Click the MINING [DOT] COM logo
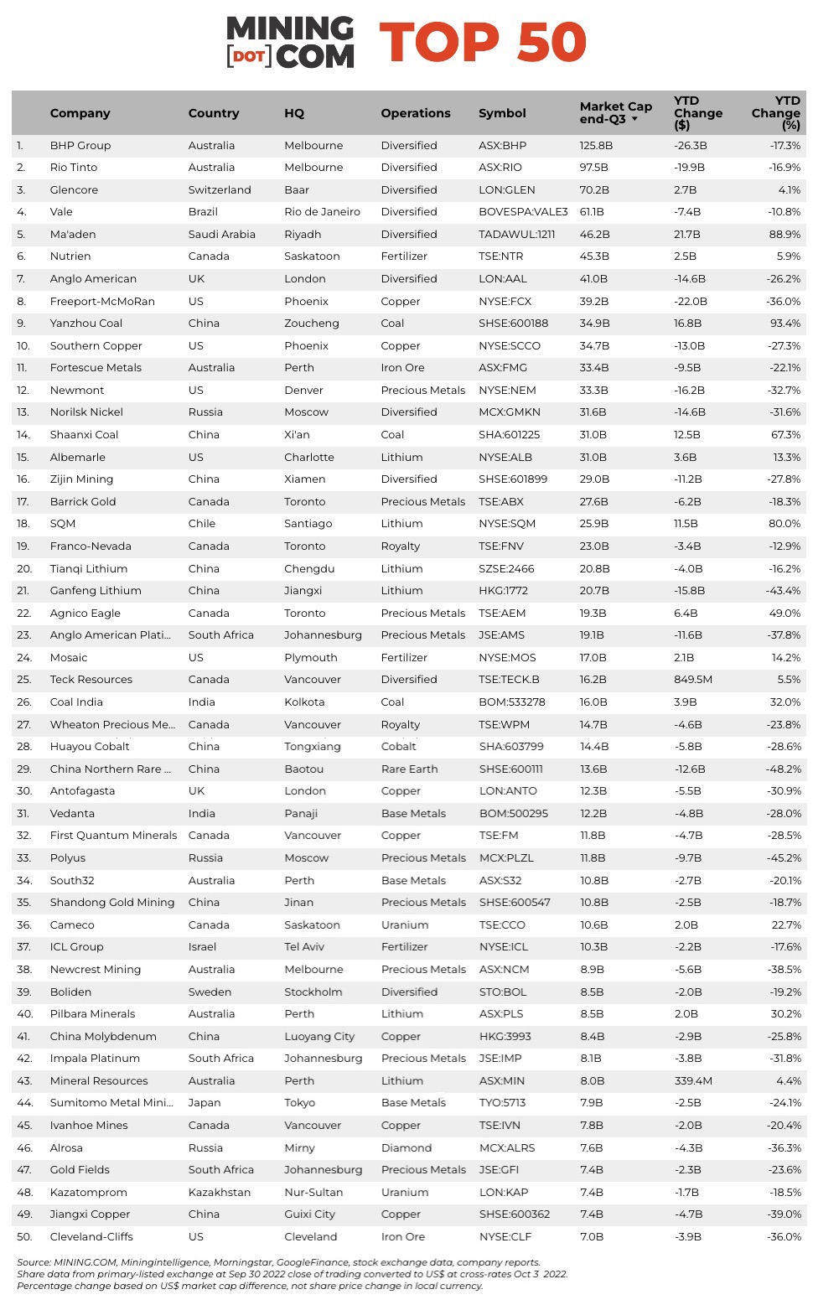290,42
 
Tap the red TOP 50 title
483,43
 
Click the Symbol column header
502,113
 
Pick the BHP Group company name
80,146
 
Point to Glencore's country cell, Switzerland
220,190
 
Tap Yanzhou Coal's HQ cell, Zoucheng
311,324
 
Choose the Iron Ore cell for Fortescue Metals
402,368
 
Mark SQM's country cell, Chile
202,524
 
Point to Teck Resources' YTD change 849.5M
693,680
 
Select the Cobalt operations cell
398,747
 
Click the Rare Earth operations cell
409,769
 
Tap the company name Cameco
72,925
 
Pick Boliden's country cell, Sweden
210,992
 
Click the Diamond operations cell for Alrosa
406,1148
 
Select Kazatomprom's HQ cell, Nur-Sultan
314,1193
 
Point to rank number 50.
23,1237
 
